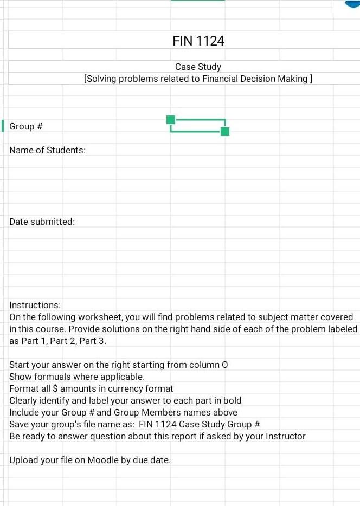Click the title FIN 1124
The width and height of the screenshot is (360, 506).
pyautogui.click(x=198, y=41)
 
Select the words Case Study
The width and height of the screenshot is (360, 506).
pyautogui.click(x=198, y=67)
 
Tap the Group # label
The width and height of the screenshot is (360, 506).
pyautogui.click(x=26, y=126)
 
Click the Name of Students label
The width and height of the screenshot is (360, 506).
pyautogui.click(x=47, y=150)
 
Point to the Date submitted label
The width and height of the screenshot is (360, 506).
pyautogui.click(x=42, y=222)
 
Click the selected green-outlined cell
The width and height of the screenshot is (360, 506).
pyautogui.click(x=198, y=125)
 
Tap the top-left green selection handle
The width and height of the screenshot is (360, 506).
pyautogui.click(x=171, y=119)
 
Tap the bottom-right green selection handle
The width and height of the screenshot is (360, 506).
pyautogui.click(x=225, y=131)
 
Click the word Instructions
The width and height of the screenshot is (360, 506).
pyautogui.click(x=35, y=305)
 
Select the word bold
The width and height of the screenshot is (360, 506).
pyautogui.click(x=232, y=400)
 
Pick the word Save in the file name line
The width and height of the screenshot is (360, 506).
pyautogui.click(x=19, y=424)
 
